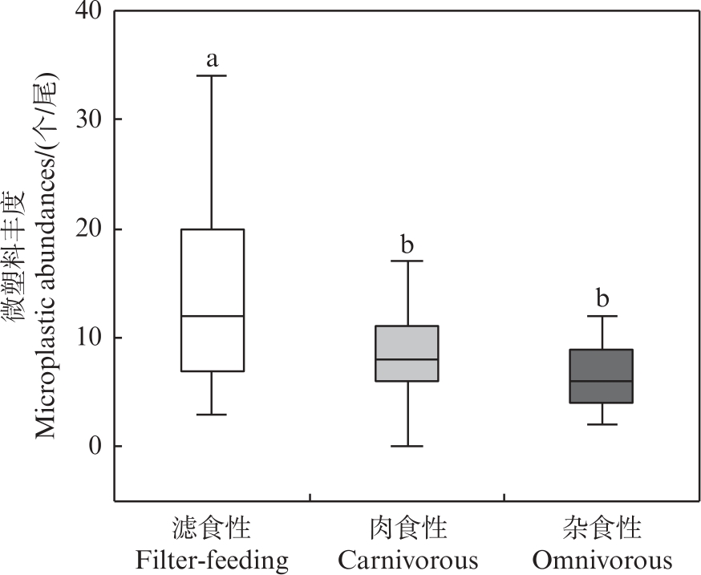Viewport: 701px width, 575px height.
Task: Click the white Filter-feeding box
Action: point(212,273)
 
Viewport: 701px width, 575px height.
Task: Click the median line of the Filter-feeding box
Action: point(212,316)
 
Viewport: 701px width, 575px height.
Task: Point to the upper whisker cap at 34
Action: point(212,75)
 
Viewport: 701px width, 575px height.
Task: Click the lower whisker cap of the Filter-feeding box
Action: point(212,415)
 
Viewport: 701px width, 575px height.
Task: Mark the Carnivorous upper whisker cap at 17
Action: point(407,261)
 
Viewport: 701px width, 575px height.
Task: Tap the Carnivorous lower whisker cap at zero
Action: point(407,446)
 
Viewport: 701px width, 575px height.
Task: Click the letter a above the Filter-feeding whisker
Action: point(213,59)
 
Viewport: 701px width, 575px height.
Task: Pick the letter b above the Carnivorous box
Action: point(407,244)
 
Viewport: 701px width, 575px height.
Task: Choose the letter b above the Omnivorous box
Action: point(602,298)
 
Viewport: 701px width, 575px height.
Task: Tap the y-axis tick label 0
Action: point(95,446)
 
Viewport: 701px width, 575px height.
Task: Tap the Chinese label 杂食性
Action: point(602,528)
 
